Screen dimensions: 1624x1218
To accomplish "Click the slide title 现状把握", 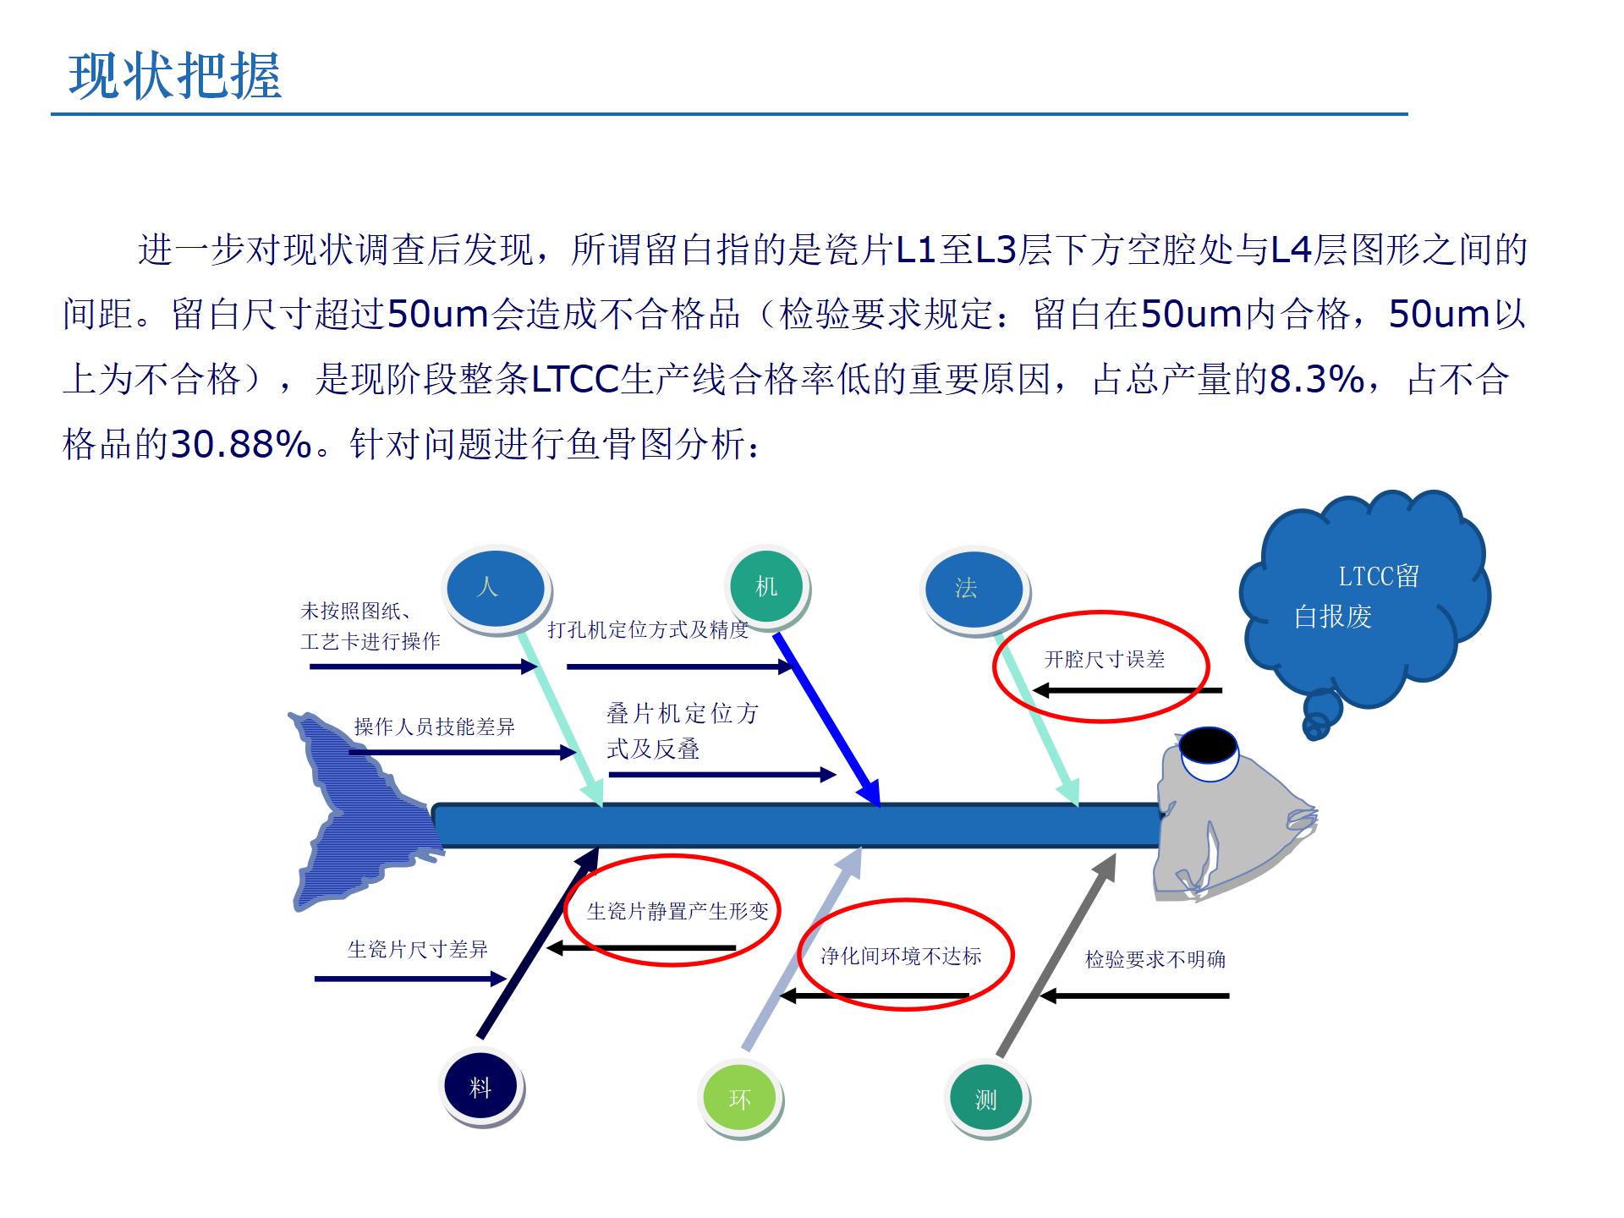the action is (174, 75).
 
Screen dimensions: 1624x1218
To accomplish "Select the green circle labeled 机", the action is (766, 587).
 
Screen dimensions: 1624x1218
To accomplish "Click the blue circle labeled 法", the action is (974, 589).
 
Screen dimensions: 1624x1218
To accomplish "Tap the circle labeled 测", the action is (985, 1099).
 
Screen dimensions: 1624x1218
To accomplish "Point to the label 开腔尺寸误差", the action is (1105, 660).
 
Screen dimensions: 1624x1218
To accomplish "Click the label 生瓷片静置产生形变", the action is (678, 911).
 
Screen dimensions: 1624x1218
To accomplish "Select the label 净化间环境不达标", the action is (901, 956).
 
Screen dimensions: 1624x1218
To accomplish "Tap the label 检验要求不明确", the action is (1155, 959).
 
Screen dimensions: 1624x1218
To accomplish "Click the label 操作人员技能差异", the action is (434, 727).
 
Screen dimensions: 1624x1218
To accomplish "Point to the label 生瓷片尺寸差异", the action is (418, 949).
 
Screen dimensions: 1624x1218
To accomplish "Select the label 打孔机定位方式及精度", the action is (648, 629).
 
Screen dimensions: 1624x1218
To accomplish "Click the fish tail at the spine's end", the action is (359, 812).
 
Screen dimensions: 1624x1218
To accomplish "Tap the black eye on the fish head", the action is (1208, 744).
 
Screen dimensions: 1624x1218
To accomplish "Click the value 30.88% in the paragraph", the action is (241, 444).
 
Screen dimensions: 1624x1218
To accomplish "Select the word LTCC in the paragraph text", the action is (575, 380).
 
